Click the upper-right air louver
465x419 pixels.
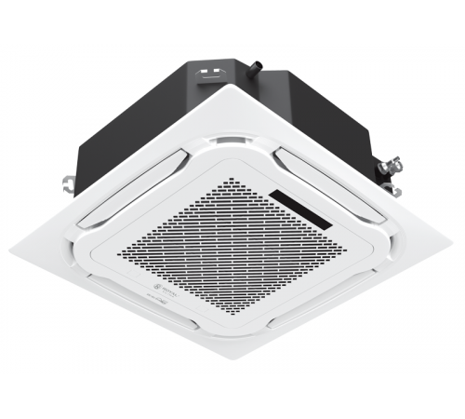[x=321, y=168]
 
